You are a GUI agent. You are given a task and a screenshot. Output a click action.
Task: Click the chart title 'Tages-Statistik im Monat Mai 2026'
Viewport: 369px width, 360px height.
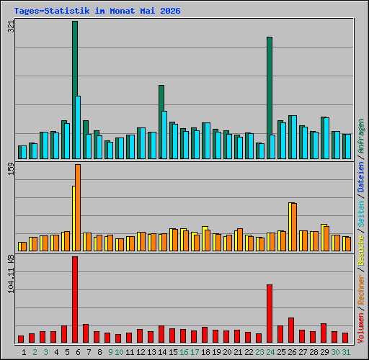coord(97,11)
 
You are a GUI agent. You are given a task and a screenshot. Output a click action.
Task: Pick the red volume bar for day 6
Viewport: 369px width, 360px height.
coord(75,300)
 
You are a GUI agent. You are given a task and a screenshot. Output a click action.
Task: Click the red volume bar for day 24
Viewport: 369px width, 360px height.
coord(270,313)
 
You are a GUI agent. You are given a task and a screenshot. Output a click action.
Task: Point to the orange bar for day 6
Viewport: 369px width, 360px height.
coord(78,207)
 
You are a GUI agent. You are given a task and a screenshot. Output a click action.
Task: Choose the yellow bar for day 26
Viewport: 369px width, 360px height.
coord(290,227)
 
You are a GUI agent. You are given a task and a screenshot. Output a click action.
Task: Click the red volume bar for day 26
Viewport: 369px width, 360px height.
coord(291,330)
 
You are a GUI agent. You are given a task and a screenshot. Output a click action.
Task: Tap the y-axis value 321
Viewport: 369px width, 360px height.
coord(11,27)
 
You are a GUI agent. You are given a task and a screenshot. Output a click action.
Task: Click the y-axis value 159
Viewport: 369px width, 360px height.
coord(11,169)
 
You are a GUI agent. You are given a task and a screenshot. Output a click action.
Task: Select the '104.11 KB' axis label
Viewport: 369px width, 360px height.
coord(11,274)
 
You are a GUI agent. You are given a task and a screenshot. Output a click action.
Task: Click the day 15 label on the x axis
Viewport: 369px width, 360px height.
coord(173,352)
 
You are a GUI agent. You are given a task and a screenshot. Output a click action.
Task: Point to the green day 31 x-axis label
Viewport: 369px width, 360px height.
coord(346,352)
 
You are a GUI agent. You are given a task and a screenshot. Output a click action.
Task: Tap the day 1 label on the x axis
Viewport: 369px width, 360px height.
coord(24,352)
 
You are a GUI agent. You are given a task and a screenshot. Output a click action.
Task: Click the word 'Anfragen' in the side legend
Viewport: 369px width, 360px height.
coord(361,136)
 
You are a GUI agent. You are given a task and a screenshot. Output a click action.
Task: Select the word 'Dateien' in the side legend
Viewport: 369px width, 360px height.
coord(361,177)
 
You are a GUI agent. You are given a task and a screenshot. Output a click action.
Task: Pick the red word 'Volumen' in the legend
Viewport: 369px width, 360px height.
coord(361,328)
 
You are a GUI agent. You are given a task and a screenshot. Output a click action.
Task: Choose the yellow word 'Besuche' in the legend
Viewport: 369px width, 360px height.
coord(361,251)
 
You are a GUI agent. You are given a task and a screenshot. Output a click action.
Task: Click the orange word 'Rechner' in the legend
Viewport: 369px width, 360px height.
coord(361,289)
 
